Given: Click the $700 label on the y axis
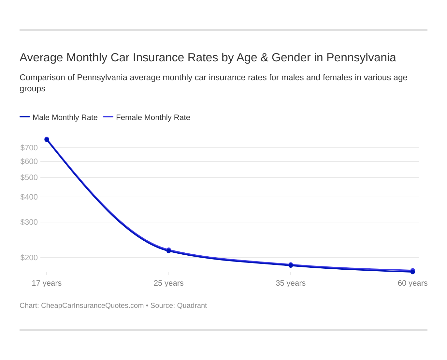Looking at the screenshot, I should [29, 148].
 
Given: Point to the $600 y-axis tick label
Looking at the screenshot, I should [29, 161].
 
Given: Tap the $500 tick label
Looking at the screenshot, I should [29, 177].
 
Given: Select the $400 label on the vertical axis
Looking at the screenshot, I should [29, 197].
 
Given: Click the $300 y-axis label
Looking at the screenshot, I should [29, 222].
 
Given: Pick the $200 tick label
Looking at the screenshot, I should [29, 258].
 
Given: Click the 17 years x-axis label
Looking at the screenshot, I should [47, 283].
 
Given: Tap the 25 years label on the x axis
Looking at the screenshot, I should [168, 283].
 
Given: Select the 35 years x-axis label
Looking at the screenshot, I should [291, 283].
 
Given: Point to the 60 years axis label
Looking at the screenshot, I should [412, 283].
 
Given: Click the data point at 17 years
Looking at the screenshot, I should [47, 140].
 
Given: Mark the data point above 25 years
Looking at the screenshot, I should [168, 250].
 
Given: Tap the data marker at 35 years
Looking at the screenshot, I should [291, 265].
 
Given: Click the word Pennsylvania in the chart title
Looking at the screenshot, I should [361, 57].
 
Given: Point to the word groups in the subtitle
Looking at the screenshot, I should [32, 89].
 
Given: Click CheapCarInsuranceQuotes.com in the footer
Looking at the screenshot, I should [92, 306].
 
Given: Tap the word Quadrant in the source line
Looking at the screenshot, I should [192, 306].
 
